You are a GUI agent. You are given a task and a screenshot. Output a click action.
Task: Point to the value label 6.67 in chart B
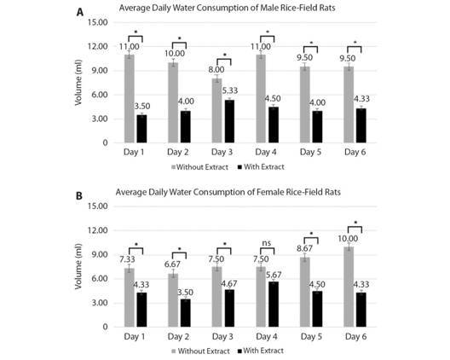[x=178, y=264]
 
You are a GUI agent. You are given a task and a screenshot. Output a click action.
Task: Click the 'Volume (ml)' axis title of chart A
[x=78, y=83]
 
